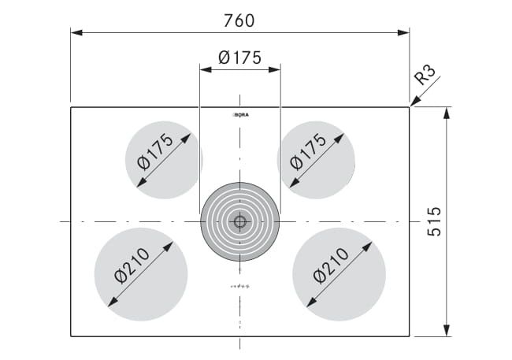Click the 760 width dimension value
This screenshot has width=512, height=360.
(239, 20)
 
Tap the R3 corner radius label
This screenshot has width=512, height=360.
(425, 75)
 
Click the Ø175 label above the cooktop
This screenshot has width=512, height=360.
(239, 58)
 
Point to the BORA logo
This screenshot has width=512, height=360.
(240, 115)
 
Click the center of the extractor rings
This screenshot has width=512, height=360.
(240, 221)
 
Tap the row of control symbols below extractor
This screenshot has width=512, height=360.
(239, 285)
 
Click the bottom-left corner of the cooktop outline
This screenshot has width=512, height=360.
(71, 336)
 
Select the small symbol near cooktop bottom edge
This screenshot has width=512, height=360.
(239, 324)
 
